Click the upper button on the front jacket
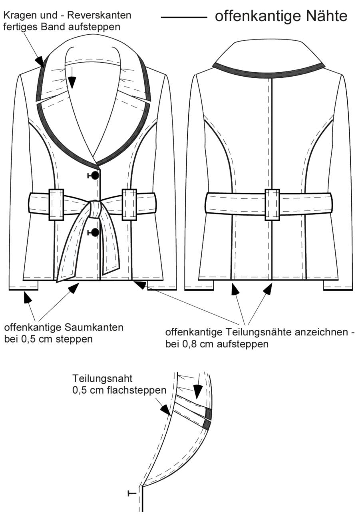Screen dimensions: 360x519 tap(95, 176)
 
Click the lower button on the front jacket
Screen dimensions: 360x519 tap(95, 232)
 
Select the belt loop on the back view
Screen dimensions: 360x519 tap(272, 205)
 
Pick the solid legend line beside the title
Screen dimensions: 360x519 tap(184, 18)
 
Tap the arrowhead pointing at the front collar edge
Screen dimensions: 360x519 tap(40, 61)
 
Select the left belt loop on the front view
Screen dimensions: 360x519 tap(56, 205)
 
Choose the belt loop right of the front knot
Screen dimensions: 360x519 tap(129, 205)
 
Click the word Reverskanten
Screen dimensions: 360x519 tap(99, 16)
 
